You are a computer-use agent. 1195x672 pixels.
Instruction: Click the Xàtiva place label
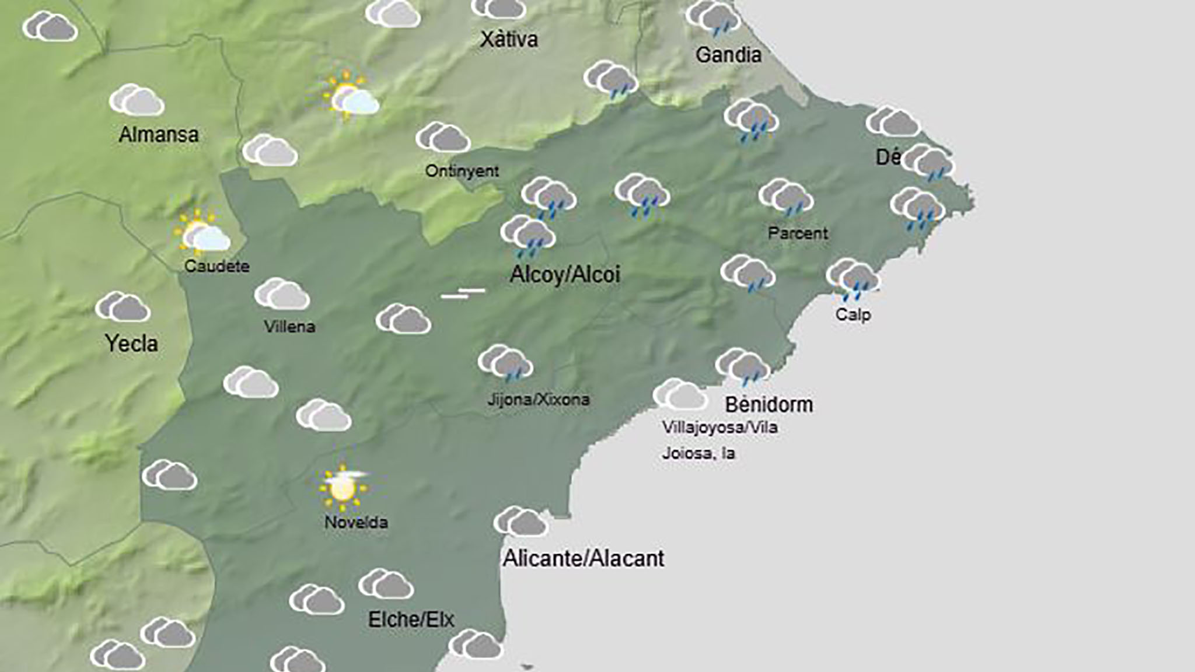coord(509,40)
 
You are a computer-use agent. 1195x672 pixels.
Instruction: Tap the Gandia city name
coord(728,55)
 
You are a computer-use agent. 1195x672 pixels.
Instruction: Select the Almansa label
coord(159,135)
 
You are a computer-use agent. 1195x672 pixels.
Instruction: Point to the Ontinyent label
coord(462,171)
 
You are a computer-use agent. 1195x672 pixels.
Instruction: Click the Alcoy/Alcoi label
coord(565,274)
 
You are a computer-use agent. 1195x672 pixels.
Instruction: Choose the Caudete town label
coord(217,266)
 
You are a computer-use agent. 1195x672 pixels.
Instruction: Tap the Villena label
coord(289,326)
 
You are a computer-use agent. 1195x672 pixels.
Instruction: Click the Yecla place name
coord(131,343)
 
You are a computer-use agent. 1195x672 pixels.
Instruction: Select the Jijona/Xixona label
coord(538,400)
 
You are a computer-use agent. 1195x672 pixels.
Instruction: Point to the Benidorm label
coord(769,404)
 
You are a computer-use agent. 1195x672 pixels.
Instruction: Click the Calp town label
coord(852,314)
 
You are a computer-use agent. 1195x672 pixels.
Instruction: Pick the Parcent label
coord(798,233)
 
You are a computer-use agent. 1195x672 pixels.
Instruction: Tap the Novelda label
coord(356,522)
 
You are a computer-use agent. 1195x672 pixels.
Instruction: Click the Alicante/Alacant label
coord(583,558)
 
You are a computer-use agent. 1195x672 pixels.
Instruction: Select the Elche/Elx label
coord(411,619)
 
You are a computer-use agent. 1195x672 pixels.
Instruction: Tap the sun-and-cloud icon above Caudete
coord(201,233)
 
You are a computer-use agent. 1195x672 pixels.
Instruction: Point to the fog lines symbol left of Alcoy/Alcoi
coord(463,293)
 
